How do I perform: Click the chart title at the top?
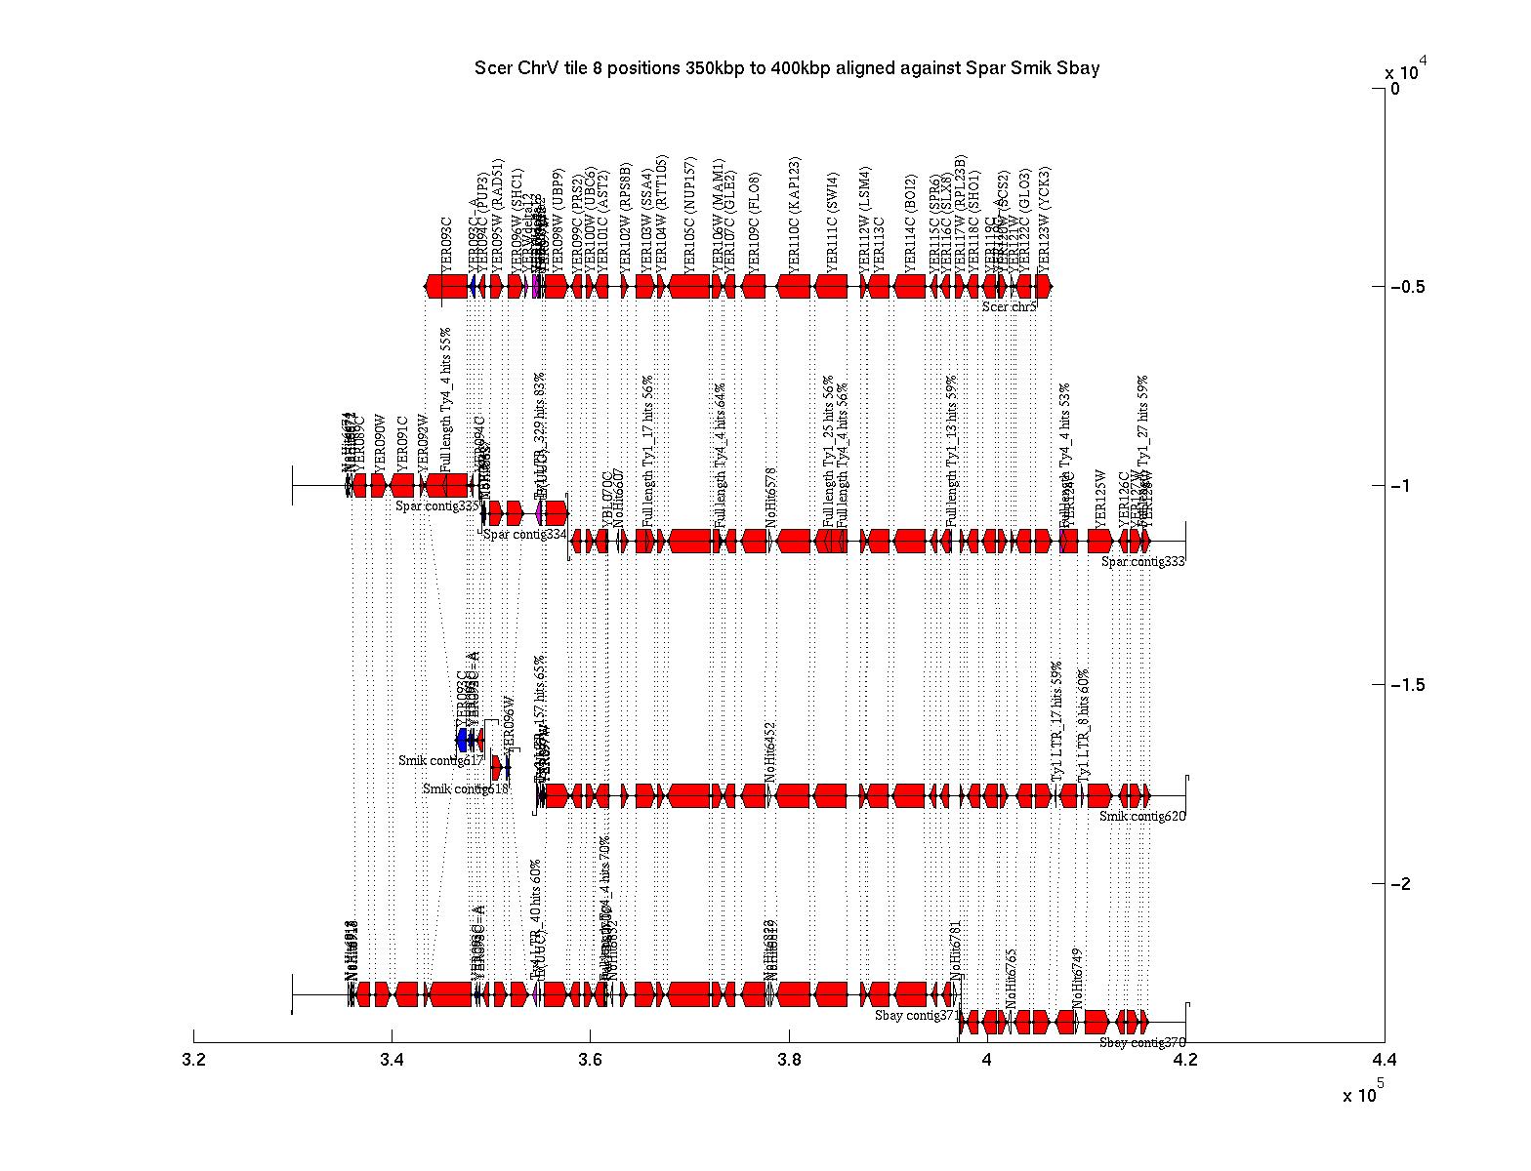click(787, 68)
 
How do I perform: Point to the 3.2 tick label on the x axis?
click(193, 1060)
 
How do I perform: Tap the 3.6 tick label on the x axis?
click(590, 1060)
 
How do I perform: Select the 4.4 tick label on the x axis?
click(1383, 1060)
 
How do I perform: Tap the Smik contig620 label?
click(1141, 817)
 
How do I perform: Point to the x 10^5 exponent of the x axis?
click(1363, 1094)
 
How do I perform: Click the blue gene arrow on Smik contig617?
click(463, 739)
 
